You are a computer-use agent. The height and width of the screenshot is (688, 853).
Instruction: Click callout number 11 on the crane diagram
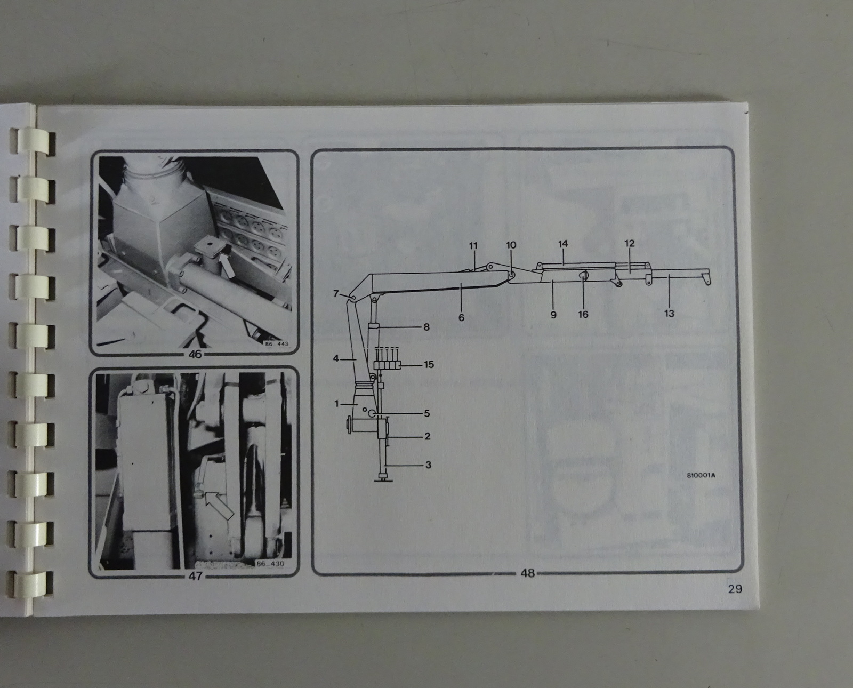point(473,245)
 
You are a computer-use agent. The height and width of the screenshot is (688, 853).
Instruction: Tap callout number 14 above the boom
point(563,244)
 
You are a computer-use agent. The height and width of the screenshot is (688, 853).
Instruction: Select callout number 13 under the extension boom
point(669,313)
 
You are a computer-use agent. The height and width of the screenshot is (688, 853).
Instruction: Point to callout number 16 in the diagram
point(583,315)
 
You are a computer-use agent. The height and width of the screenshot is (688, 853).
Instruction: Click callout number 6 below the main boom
point(461,317)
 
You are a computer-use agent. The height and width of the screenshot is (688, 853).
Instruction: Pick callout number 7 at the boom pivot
point(336,293)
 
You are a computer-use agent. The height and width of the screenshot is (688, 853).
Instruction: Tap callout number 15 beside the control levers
point(429,364)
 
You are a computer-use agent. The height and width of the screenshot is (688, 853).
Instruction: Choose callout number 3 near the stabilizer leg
point(428,465)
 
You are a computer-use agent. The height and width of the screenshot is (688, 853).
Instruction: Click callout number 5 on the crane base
point(427,413)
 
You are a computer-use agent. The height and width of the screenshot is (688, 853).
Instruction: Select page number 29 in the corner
point(735,589)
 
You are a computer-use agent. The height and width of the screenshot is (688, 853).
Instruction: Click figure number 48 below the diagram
point(528,573)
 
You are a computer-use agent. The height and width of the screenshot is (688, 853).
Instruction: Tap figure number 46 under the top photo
point(195,354)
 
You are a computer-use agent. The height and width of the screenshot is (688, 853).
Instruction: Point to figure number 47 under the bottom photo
point(195,576)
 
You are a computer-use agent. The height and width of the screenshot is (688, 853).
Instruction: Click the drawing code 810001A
point(701,475)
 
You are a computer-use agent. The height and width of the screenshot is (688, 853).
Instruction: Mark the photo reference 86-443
point(277,344)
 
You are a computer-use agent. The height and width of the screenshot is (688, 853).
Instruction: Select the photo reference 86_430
point(270,564)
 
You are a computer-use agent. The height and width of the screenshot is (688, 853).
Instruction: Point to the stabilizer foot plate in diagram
point(383,480)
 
